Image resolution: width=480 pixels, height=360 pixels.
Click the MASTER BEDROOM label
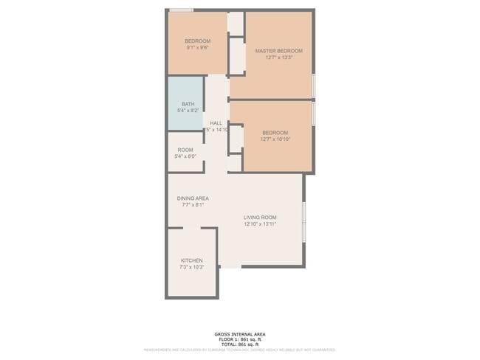[278, 51]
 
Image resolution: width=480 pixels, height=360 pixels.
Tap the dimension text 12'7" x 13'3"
[278, 58]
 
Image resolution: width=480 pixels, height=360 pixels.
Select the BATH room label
[188, 104]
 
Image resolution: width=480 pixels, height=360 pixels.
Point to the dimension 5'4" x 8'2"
[188, 111]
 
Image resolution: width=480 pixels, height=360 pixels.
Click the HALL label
[216, 123]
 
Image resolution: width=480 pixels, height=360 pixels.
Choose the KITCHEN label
[191, 260]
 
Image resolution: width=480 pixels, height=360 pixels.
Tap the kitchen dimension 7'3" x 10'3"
[191, 268]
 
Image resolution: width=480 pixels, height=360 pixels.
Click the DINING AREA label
[193, 198]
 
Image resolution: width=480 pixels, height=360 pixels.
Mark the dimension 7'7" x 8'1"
[193, 205]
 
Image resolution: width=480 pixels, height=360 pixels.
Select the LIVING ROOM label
[260, 217]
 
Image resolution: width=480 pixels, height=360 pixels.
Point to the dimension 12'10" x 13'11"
[260, 224]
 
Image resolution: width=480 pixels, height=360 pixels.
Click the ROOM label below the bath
[185, 150]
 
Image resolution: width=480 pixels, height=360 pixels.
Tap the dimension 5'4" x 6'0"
[185, 156]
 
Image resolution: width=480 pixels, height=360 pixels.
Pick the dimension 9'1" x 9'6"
[197, 47]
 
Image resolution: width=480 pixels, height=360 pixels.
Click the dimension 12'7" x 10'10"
[275, 139]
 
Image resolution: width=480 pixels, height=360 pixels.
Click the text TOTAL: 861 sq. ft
[240, 345]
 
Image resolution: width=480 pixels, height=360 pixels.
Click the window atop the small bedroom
[181, 10]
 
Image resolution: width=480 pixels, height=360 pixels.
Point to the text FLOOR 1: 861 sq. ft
[240, 339]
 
